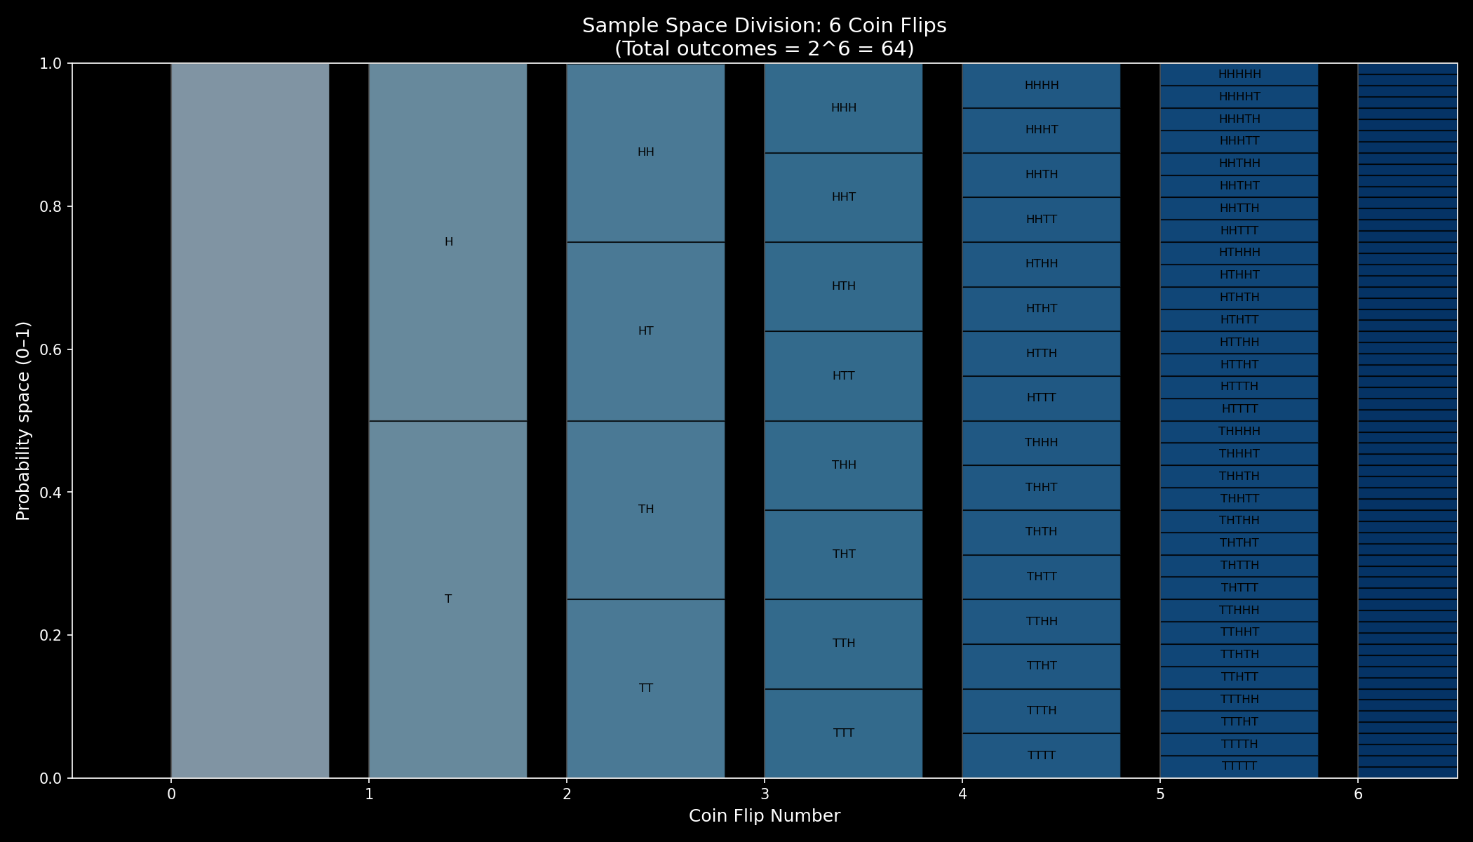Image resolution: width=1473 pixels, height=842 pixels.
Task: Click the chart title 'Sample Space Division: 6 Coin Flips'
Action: pyautogui.click(x=764, y=26)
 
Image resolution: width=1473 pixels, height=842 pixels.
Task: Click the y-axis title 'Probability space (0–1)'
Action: pyautogui.click(x=23, y=421)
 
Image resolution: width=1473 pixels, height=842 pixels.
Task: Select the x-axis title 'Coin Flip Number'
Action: pyautogui.click(x=764, y=816)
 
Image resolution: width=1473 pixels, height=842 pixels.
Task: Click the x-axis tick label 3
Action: pyautogui.click(x=765, y=794)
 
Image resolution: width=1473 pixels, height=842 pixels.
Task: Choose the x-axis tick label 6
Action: pyautogui.click(x=1358, y=794)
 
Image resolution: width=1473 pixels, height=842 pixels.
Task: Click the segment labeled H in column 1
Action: pyautogui.click(x=448, y=242)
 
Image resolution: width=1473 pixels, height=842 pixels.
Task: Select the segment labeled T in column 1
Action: pyautogui.click(x=448, y=599)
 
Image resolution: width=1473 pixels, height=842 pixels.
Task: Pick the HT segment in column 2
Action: pyautogui.click(x=645, y=331)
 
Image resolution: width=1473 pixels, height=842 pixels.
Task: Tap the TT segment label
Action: pyautogui.click(x=645, y=688)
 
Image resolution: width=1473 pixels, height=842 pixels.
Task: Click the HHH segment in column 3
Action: pyautogui.click(x=843, y=108)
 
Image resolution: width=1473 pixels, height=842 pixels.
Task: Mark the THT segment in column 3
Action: pyautogui.click(x=843, y=554)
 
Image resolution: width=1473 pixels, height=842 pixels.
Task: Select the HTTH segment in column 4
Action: pyautogui.click(x=1041, y=354)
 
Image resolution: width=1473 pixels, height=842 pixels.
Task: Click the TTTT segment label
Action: pyautogui.click(x=1041, y=756)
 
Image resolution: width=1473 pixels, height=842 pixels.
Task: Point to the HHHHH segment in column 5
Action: pyautogui.click(x=1239, y=74)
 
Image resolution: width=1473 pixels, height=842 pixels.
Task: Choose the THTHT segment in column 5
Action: pyautogui.click(x=1239, y=543)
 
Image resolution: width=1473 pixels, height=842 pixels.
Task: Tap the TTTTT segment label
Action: pyautogui.click(x=1239, y=766)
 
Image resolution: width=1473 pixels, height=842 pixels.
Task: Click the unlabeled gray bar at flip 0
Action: pyautogui.click(x=250, y=421)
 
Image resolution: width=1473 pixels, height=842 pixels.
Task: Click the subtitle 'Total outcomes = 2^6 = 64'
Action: pyautogui.click(x=764, y=49)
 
